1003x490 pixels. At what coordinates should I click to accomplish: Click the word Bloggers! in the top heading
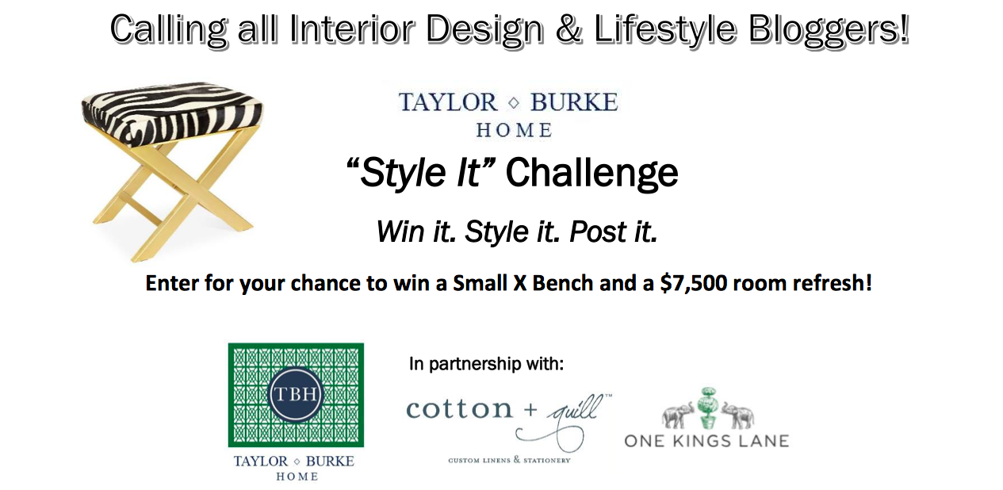[829, 30]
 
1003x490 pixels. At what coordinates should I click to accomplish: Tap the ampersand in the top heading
[568, 28]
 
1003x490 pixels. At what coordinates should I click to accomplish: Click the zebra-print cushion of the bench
[172, 113]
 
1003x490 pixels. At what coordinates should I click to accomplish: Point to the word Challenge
[592, 174]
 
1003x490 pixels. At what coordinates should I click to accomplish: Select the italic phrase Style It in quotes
[420, 173]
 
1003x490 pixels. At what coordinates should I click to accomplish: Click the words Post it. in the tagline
[614, 232]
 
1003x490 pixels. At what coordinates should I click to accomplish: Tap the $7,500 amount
[693, 284]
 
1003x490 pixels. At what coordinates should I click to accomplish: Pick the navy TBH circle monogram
[296, 395]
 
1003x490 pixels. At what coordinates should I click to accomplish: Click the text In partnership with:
[486, 364]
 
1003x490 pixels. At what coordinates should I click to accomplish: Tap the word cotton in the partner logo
[459, 409]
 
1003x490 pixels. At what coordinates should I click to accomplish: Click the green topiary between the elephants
[708, 407]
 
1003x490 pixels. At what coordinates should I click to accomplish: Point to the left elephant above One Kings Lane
[679, 415]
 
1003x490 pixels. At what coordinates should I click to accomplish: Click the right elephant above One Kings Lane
[738, 416]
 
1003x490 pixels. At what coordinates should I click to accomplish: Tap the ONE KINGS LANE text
[706, 441]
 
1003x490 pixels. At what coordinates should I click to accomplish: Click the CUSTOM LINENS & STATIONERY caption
[510, 460]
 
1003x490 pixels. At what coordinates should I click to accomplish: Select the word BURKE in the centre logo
[575, 102]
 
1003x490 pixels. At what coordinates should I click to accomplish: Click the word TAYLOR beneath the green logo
[261, 461]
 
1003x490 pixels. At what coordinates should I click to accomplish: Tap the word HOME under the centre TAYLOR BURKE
[514, 130]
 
